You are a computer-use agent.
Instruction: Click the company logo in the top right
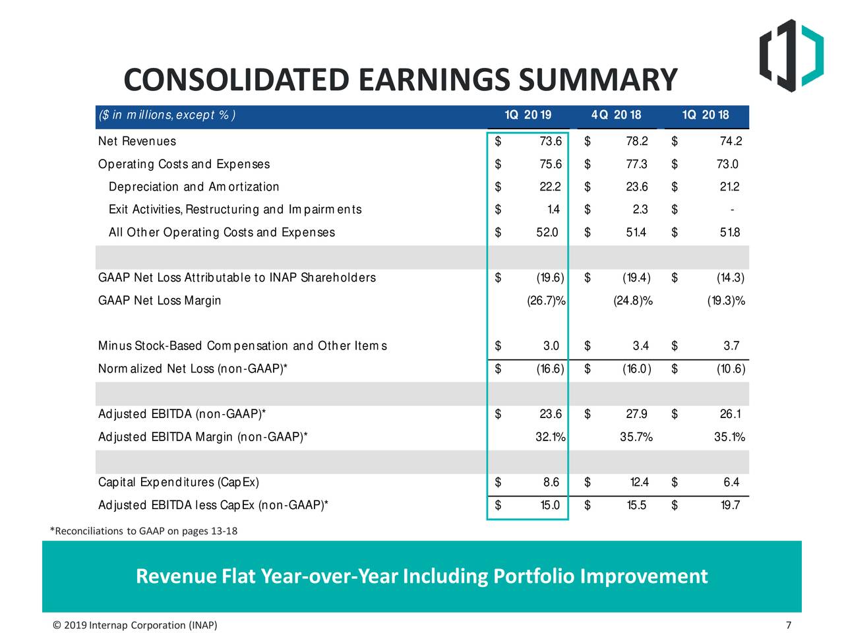791,55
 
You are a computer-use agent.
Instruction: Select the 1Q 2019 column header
527,115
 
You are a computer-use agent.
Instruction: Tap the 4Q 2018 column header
616,115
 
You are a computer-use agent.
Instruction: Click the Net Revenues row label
137,141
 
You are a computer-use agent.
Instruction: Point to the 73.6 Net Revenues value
550,141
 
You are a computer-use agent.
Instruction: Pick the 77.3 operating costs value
636,164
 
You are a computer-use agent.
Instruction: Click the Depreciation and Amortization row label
194,187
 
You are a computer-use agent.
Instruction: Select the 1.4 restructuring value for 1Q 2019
553,210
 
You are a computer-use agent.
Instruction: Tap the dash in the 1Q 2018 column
732,210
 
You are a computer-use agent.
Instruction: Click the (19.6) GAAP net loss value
549,278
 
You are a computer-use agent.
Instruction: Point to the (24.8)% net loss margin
632,301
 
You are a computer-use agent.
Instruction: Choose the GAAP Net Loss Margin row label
160,301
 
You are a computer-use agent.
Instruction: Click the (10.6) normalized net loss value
731,369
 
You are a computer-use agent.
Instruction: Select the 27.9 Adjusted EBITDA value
636,414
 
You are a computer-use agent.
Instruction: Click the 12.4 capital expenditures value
638,483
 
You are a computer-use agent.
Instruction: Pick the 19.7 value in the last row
730,505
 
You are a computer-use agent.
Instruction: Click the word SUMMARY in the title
597,80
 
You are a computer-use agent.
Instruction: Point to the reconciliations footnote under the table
144,531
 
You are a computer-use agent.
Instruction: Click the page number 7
789,625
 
